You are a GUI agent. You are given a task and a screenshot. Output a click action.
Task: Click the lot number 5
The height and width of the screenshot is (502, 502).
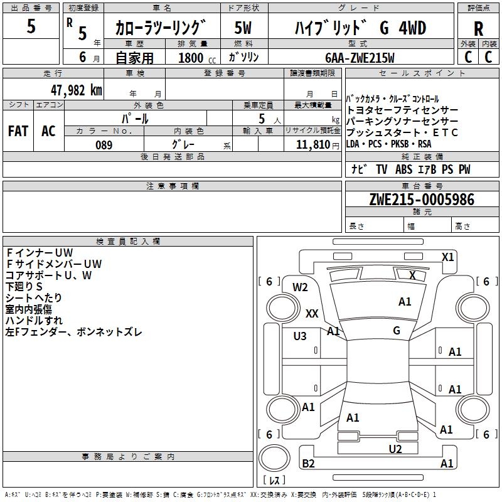pos(31,27)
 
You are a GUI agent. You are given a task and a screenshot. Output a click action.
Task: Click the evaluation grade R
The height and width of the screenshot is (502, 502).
pos(478,29)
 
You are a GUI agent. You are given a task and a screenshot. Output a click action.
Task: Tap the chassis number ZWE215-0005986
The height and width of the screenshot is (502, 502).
pos(422,200)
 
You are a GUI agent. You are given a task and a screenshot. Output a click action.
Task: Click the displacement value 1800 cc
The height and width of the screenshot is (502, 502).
pos(195,58)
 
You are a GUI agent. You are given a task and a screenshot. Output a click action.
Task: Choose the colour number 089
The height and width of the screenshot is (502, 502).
pos(104,145)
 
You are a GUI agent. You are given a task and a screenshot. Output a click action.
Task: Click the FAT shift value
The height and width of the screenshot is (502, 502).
pos(18,131)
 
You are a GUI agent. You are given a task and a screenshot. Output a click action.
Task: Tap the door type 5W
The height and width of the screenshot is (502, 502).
pos(243,29)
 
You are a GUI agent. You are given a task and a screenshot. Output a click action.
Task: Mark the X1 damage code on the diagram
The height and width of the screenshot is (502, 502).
pos(447,257)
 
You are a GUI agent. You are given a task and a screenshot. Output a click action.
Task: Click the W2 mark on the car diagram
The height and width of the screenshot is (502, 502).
pos(300,287)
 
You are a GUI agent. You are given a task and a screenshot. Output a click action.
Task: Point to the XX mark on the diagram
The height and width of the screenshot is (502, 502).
pos(312,313)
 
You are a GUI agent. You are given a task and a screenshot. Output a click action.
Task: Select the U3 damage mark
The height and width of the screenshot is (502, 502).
pos(300,336)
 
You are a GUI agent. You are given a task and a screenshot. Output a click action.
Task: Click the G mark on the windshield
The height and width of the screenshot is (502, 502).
pos(396,330)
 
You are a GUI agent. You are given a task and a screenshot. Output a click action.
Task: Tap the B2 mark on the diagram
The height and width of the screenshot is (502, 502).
pos(308,463)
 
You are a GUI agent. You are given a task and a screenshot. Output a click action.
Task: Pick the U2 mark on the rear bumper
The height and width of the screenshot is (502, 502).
pos(395,449)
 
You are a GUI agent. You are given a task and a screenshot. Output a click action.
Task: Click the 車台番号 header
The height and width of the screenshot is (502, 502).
pos(422,186)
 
